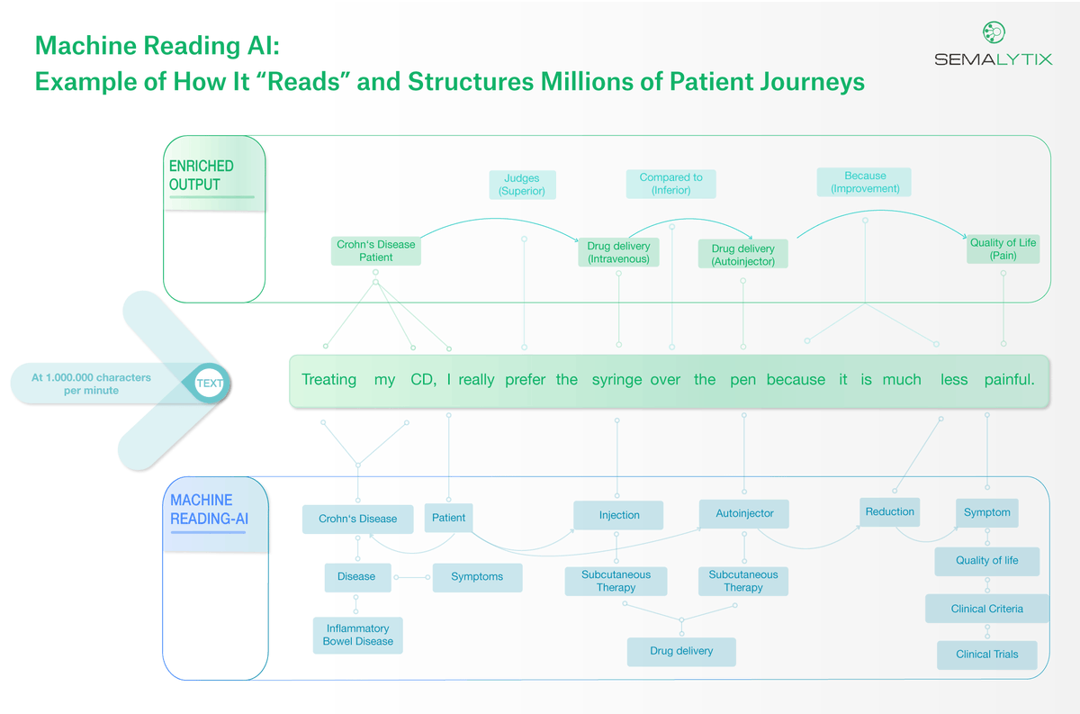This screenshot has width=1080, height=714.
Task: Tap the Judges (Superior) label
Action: point(522,185)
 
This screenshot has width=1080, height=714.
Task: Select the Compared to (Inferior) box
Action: point(670,184)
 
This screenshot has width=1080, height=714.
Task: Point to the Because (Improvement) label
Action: point(865,182)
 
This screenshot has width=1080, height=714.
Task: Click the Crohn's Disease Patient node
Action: point(376,250)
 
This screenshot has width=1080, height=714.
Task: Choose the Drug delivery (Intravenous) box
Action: point(618,252)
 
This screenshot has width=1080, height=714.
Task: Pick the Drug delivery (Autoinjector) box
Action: point(742,254)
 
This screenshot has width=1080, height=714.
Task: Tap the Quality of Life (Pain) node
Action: point(1003,249)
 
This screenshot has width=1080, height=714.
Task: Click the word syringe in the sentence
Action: point(616,380)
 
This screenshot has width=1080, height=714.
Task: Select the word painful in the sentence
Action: point(1009,380)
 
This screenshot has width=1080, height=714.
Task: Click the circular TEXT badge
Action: point(209,384)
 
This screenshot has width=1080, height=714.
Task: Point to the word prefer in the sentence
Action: point(525,380)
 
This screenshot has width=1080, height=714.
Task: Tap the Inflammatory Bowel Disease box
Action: point(358,635)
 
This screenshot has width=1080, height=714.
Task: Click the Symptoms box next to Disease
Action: point(477,577)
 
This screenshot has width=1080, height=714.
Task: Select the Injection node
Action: point(619,515)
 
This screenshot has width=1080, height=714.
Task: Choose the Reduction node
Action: point(889,511)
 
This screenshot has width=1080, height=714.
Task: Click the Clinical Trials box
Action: point(986,655)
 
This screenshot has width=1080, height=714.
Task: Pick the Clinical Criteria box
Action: point(986,609)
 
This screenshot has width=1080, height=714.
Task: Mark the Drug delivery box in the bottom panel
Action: point(681,651)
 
